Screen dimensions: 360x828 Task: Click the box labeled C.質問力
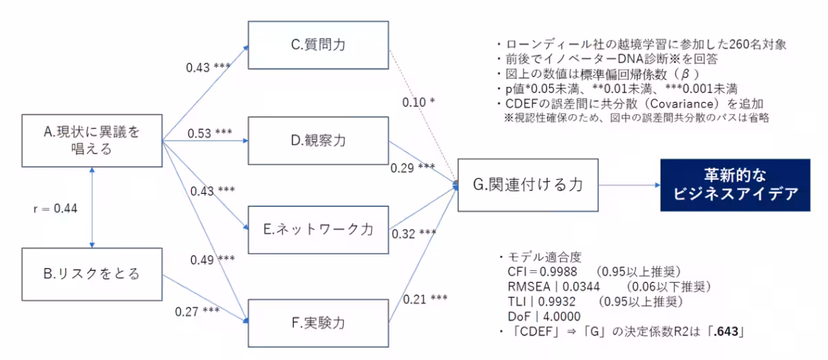coord(317,46)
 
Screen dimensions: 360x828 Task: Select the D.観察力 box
coord(317,141)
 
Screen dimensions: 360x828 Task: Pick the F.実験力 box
coord(317,321)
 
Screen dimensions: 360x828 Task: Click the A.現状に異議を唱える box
coord(92,140)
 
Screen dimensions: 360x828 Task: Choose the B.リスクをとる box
coord(92,274)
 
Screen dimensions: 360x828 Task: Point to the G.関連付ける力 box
coord(527,185)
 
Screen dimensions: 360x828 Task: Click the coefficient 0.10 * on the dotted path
coord(419,102)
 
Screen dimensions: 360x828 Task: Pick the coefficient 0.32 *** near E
coord(413,233)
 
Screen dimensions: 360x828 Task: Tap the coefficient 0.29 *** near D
coord(413,168)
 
